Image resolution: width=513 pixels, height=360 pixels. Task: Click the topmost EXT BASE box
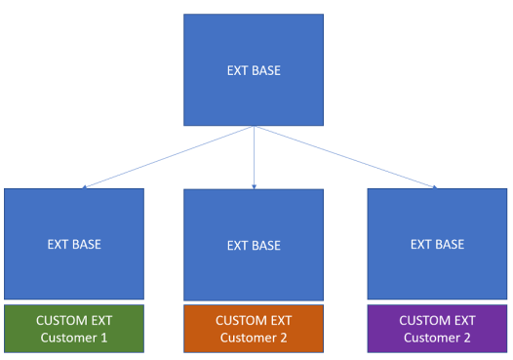(254, 70)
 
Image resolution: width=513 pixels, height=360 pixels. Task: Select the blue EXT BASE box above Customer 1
(74, 243)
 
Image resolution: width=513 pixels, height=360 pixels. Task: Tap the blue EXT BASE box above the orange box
(254, 244)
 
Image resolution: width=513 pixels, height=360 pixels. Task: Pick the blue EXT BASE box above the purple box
(437, 243)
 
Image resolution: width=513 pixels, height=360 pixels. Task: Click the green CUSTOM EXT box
(74, 329)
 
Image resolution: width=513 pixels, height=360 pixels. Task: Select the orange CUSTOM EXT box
(254, 329)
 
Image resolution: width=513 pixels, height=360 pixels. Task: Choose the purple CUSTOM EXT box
(437, 329)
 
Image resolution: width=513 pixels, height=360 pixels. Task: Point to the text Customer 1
(74, 338)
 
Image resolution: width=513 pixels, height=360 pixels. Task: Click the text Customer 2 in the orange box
(254, 338)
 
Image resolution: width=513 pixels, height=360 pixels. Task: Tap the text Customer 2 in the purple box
(437, 338)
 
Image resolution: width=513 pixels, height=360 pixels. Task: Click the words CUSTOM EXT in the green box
(74, 320)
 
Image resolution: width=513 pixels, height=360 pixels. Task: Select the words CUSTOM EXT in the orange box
(254, 320)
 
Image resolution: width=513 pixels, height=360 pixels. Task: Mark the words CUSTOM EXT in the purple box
(437, 320)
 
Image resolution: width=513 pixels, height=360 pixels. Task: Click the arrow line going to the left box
(166, 157)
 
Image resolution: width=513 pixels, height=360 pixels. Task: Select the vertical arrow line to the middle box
(254, 156)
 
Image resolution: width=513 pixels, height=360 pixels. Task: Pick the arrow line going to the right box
(346, 157)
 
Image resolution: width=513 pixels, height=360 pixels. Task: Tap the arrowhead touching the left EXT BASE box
(85, 186)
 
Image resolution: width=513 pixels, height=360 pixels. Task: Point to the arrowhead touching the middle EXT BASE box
(254, 185)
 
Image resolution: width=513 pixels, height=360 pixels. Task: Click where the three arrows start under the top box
(254, 127)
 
